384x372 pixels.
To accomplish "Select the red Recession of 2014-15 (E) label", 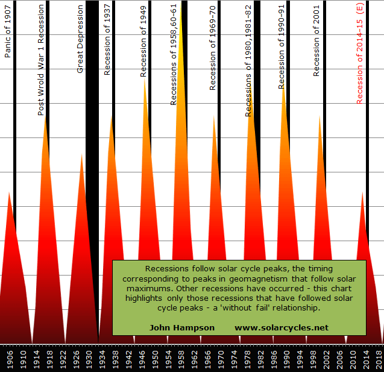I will tap(359, 54).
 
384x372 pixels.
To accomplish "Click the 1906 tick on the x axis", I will tap(10, 359).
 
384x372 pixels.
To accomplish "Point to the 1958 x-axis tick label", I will tap(181, 359).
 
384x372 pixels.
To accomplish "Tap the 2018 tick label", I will tap(378, 359).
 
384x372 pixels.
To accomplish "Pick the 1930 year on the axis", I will tap(89, 359).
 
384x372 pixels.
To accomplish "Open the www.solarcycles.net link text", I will tap(282, 327).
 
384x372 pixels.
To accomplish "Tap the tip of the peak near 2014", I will tap(362, 192).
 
